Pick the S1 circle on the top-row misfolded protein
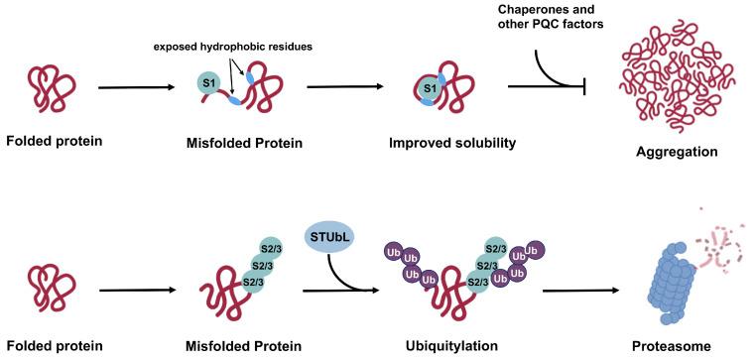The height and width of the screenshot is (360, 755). (209, 82)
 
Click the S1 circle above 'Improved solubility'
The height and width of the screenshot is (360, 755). (430, 90)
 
